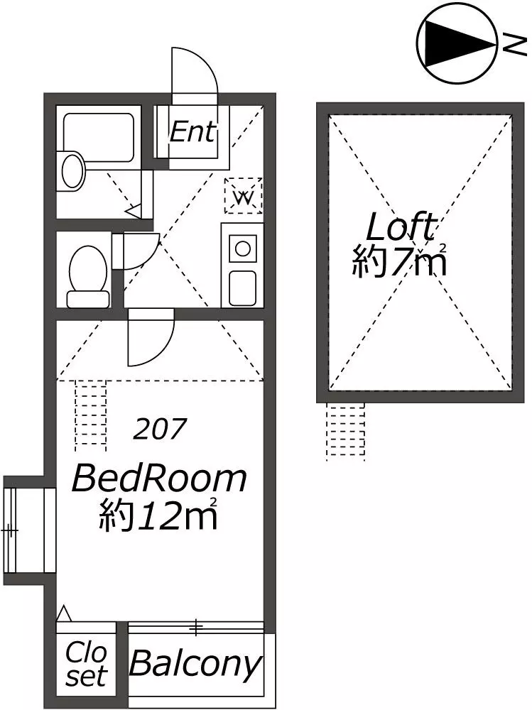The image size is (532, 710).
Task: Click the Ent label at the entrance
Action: [192, 132]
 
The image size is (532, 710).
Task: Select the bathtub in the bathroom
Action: [99, 138]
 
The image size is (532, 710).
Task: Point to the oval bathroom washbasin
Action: [72, 171]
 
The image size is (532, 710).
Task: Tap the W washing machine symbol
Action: [244, 196]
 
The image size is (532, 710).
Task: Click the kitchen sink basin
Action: [242, 288]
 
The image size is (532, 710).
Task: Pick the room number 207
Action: [160, 428]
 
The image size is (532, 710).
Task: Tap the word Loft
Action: [401, 226]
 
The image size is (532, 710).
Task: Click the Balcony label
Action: [196, 665]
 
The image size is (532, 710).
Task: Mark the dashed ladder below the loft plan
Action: [346, 431]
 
